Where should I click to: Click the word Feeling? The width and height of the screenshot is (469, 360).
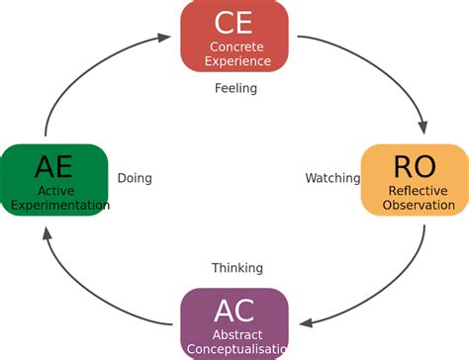235,88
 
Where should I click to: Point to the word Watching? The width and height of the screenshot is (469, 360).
331,179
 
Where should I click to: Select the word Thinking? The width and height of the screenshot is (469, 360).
237,268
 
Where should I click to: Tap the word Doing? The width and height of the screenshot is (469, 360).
135,179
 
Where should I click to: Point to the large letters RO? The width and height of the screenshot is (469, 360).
414,165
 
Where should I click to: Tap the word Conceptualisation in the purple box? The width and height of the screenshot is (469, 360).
238,348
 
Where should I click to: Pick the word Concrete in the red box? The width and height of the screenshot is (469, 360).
234,46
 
